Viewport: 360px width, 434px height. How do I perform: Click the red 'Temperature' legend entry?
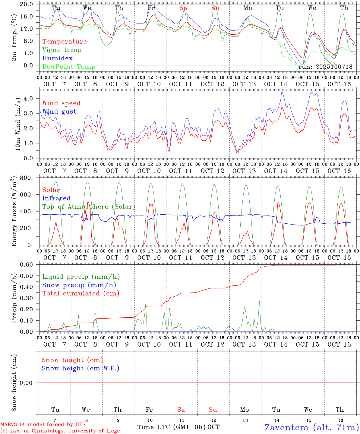(x=64, y=42)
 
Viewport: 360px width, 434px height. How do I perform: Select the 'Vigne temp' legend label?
(x=62, y=50)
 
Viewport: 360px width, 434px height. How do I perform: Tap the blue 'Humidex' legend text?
(x=57, y=58)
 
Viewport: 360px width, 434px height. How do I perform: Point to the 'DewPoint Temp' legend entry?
(x=69, y=67)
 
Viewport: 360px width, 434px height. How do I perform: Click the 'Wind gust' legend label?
(x=59, y=112)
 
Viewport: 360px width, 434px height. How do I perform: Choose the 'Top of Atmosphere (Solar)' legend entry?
(x=89, y=207)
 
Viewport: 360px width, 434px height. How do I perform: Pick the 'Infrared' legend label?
(x=56, y=198)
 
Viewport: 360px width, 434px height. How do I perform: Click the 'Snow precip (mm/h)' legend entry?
(x=79, y=285)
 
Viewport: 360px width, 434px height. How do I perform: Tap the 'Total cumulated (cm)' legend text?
(x=81, y=294)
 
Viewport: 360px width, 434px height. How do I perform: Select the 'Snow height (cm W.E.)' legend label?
(x=81, y=368)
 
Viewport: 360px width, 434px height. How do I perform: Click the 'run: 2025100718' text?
(x=325, y=67)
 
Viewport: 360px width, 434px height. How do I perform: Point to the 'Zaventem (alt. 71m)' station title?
(x=312, y=427)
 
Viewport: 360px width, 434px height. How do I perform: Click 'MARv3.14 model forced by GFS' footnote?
(x=43, y=424)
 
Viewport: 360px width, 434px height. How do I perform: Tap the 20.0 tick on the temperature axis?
(x=27, y=4)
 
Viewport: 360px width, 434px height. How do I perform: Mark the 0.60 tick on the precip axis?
(x=27, y=265)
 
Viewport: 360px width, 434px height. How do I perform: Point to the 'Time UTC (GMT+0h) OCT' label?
(x=178, y=427)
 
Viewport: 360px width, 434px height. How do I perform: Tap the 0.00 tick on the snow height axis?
(x=27, y=383)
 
